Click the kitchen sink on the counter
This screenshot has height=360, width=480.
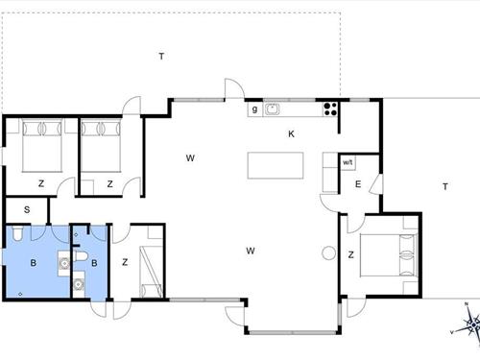[x=272, y=108]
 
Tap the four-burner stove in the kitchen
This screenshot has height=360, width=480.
[x=331, y=108]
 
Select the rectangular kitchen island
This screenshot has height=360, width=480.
[x=276, y=165]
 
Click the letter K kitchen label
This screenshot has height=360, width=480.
[x=291, y=134]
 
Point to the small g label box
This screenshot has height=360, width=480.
[x=254, y=108]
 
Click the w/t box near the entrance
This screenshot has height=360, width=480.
[x=348, y=163]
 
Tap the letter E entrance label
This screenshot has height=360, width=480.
[x=357, y=184]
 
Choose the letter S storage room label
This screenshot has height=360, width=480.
[x=27, y=208]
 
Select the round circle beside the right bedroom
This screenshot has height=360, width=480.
[x=327, y=254]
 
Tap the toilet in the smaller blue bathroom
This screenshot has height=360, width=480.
[x=84, y=255]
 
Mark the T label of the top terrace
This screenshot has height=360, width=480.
[x=161, y=57]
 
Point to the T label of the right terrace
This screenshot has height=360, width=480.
[x=444, y=186]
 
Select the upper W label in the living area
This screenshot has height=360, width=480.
[x=191, y=157]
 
